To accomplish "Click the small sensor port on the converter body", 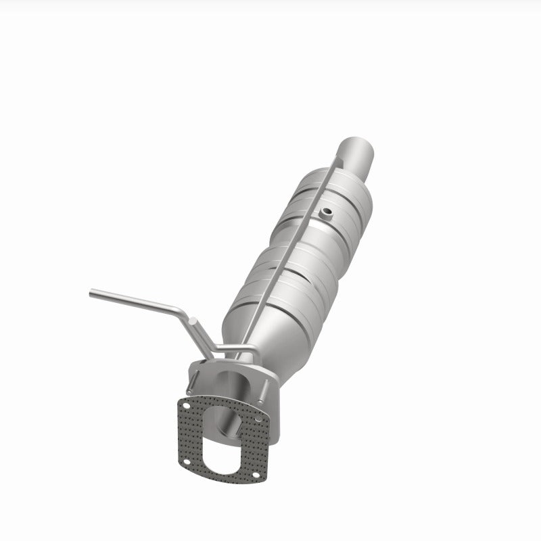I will pos(327,214).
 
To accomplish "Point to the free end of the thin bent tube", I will pos(92,293).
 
